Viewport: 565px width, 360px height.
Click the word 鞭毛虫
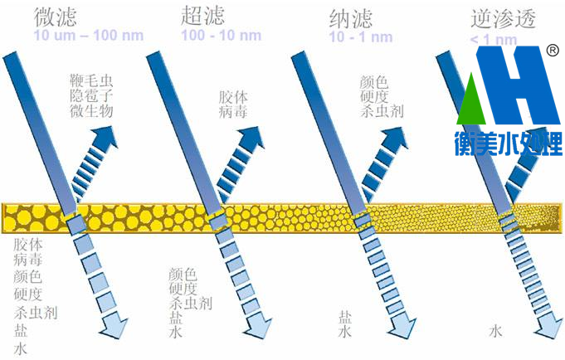pos(92,80)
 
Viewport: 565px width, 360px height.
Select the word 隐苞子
pos(92,96)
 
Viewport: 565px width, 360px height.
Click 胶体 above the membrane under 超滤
pos(232,97)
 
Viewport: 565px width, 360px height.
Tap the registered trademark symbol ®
pos(552,51)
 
